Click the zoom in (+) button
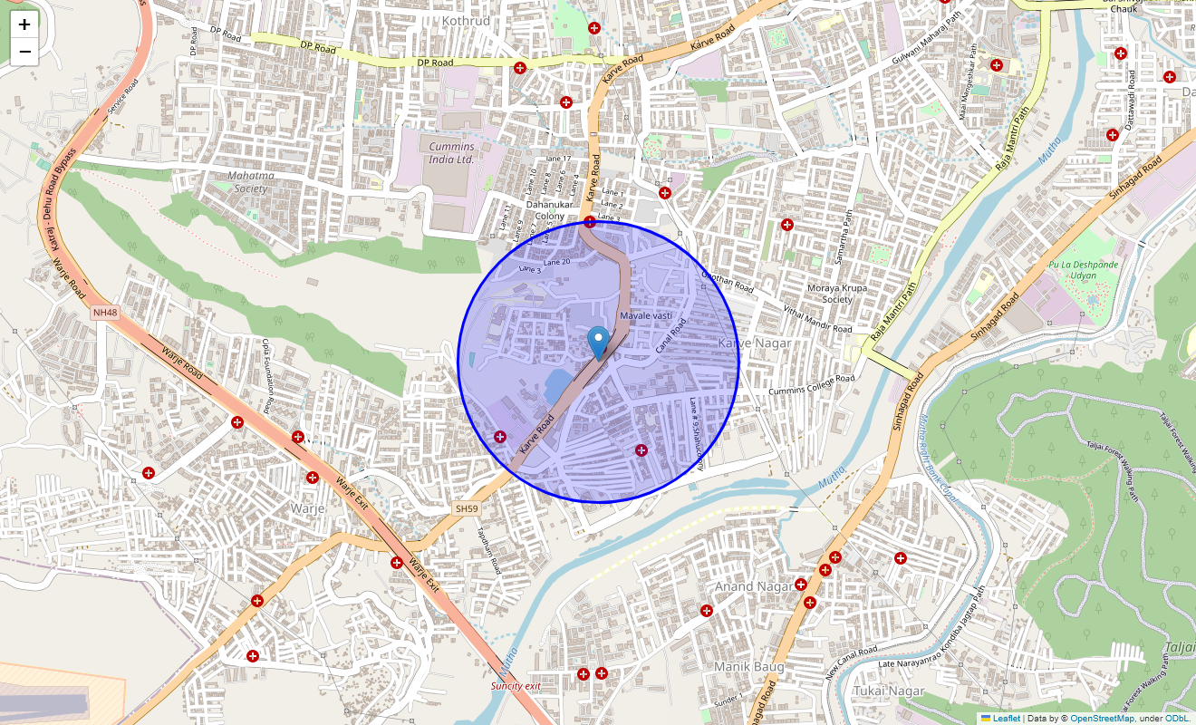24,24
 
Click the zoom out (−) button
24,52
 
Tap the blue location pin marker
598,343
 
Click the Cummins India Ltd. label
452,153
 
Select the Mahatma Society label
250,182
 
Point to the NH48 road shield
105,313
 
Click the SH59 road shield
466,509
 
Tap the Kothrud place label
466,20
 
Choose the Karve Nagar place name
754,343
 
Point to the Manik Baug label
748,667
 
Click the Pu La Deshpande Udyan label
1084,269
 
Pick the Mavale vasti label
643,315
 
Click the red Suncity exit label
516,686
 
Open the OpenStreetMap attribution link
1102,719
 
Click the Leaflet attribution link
1006,719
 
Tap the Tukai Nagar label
889,691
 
